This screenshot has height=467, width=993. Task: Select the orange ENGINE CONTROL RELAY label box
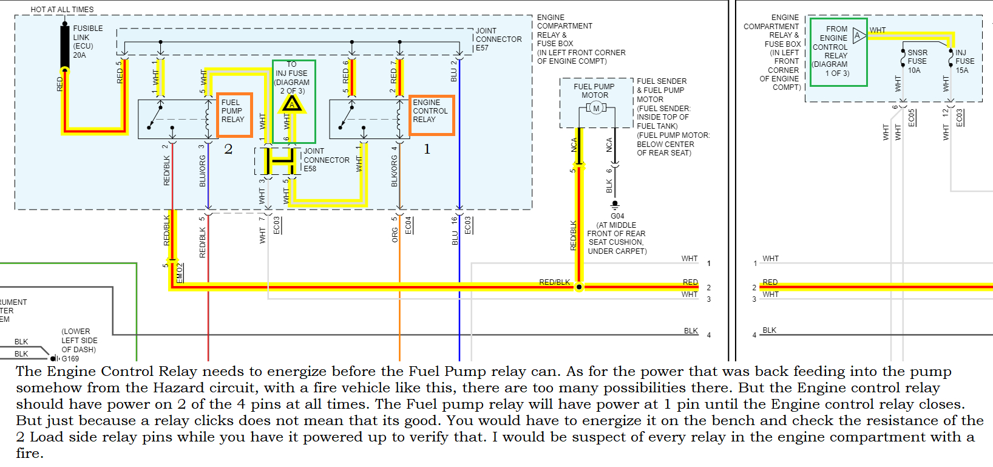431,114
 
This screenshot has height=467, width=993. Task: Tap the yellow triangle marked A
292,104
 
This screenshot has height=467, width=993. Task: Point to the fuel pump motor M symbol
596,108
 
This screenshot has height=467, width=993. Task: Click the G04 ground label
617,216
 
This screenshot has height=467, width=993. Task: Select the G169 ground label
70,358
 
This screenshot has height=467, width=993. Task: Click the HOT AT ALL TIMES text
62,10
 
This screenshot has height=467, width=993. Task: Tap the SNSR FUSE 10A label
917,61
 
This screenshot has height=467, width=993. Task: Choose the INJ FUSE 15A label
964,61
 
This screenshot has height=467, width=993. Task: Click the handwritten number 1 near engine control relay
427,149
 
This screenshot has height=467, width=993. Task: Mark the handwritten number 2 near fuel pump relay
228,149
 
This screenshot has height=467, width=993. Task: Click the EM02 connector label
180,272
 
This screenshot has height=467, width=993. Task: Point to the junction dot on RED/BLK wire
579,287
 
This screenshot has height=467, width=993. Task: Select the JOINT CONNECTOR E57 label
498,39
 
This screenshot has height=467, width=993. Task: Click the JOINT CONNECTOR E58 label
326,160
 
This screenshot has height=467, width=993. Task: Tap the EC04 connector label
408,225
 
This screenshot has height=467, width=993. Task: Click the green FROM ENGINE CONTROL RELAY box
838,52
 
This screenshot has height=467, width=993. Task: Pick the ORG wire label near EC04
395,235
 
